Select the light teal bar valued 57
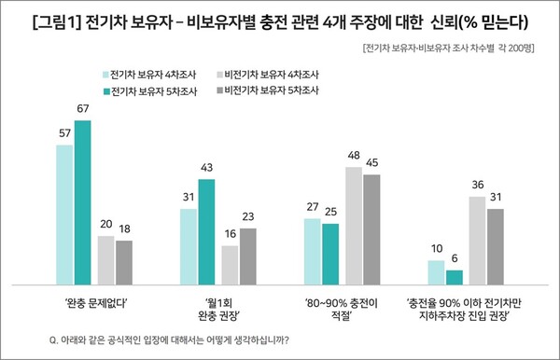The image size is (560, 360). [x=64, y=214]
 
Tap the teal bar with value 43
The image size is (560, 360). [x=207, y=230]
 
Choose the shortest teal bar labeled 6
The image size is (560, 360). [x=455, y=276]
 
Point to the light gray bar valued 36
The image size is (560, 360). [x=477, y=240]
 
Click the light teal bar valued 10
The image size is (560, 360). [x=436, y=271]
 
